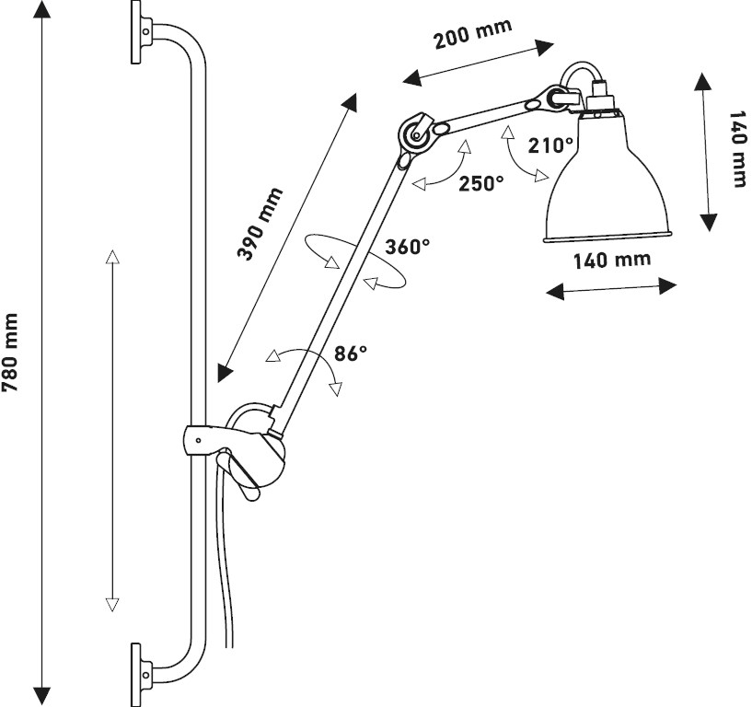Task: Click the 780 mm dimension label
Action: (x=10, y=353)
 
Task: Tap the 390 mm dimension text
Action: (x=260, y=225)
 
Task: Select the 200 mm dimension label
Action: (x=473, y=33)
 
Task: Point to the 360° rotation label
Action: (x=407, y=247)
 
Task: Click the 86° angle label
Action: (x=351, y=353)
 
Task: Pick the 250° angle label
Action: (x=481, y=183)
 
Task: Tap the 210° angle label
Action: (x=550, y=145)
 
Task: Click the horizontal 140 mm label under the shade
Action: (x=612, y=261)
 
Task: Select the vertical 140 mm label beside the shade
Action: (x=738, y=149)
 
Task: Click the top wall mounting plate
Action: (x=136, y=32)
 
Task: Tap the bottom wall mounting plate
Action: (x=136, y=675)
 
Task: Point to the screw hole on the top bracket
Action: (x=146, y=32)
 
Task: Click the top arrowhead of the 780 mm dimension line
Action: (x=42, y=9)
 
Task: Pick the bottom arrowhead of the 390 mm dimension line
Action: (x=224, y=373)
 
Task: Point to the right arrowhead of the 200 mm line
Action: (x=545, y=48)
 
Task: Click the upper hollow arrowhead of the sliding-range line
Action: (x=111, y=257)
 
